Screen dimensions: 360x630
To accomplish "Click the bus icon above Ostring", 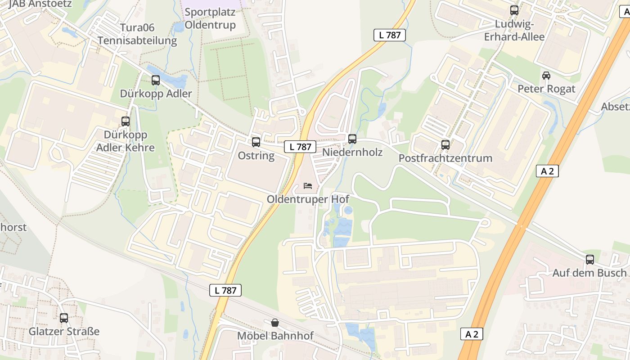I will tap(256, 142).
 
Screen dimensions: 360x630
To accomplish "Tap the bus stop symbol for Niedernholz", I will tap(352, 139).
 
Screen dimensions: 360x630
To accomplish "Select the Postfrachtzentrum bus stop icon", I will tap(445, 145).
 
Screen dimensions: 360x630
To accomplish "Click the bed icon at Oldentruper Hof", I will tap(308, 185).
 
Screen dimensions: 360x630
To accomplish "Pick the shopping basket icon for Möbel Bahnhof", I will tap(275, 323).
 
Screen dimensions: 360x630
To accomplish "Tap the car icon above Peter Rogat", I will tap(546, 76).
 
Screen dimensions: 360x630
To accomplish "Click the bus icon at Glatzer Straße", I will tap(64, 318).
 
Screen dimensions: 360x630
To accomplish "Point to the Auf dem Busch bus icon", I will tap(590, 260).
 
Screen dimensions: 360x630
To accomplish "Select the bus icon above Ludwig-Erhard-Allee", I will tap(514, 10).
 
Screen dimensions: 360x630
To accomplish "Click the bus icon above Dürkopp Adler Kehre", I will tap(126, 121).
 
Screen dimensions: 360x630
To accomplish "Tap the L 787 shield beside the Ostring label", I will tap(300, 146).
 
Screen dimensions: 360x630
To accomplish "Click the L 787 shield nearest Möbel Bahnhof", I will tap(226, 290).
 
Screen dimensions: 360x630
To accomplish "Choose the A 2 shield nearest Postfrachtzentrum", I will tap(548, 171).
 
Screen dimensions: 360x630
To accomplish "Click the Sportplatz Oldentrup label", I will tap(210, 18).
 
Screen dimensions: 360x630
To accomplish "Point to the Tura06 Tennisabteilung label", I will tap(137, 34).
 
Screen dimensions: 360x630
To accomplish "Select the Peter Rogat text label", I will tap(546, 89).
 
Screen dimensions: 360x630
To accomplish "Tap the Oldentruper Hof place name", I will tap(308, 199).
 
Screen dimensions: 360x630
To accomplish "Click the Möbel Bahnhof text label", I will tap(275, 336).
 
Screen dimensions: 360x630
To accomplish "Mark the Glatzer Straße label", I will tap(64, 332).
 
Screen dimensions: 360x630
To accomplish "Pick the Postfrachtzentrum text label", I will tap(445, 158).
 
